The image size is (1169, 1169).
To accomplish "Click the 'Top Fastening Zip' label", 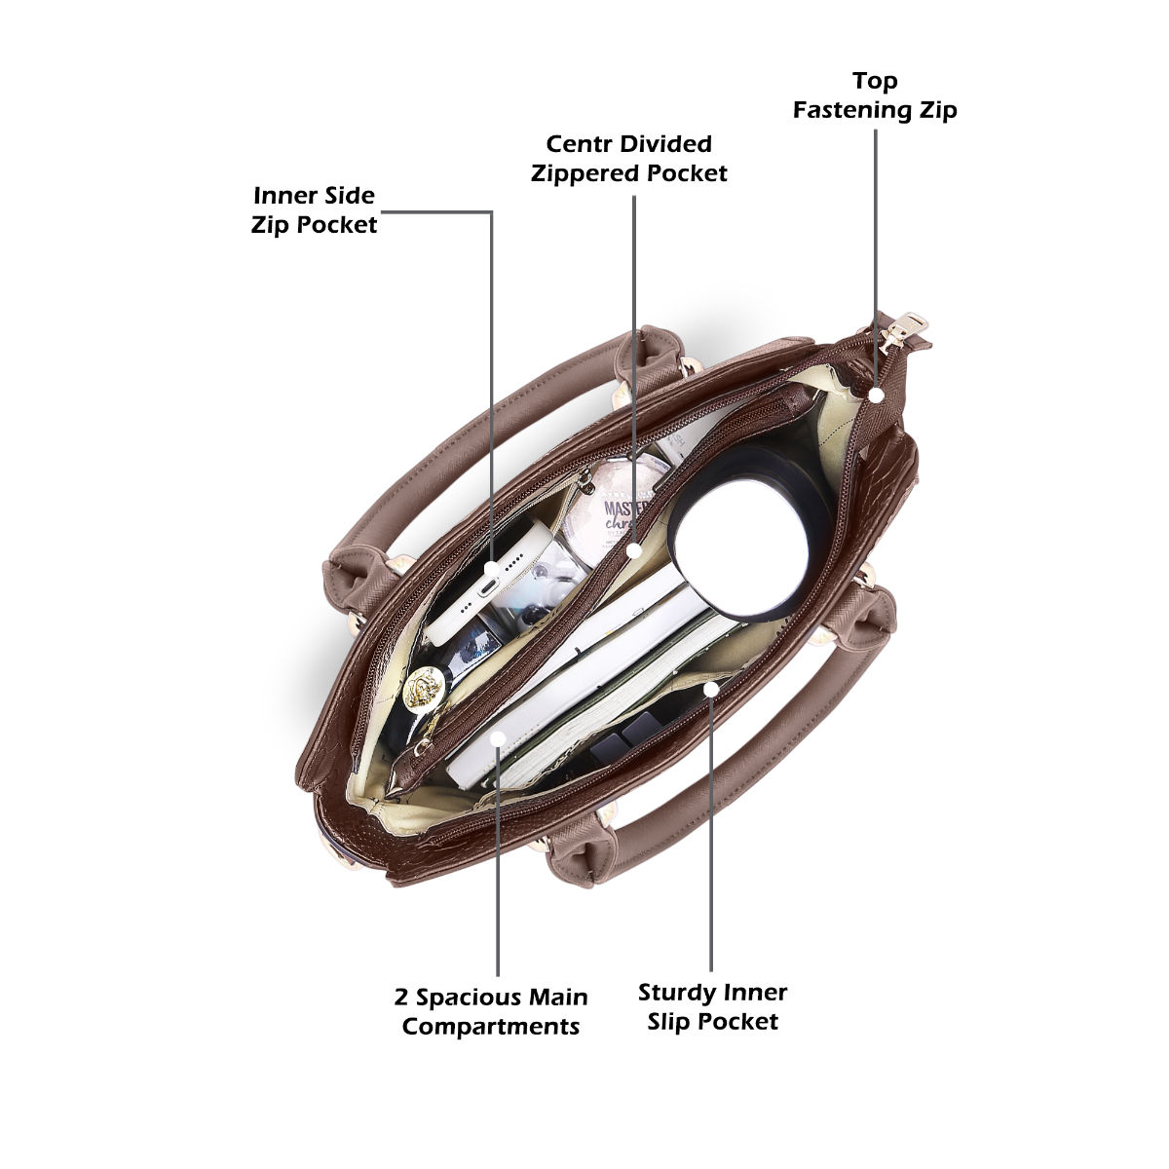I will pos(875,94).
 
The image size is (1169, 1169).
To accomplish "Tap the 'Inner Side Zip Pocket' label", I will pos(314,209).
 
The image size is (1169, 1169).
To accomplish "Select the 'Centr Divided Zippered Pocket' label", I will pos(628,159).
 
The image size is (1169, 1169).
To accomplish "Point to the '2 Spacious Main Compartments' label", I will pos(491,1011).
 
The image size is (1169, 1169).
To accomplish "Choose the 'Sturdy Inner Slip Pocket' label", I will pos(712,1006).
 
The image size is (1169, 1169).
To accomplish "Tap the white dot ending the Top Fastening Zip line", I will pos(876,395).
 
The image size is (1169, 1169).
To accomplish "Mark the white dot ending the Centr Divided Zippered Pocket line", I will pos(634,550).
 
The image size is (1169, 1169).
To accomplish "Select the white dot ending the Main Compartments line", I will pos(498,740).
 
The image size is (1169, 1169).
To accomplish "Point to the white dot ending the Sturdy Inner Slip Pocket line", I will pos(711,689).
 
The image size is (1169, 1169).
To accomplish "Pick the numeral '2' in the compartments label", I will pos(401,998).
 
